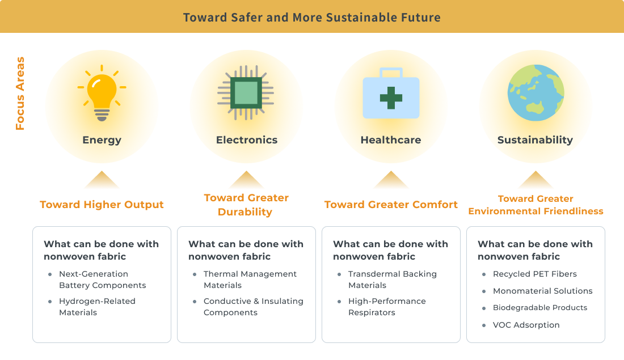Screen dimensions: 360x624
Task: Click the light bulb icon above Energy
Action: point(102,93)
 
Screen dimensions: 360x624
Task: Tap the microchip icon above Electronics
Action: point(246,93)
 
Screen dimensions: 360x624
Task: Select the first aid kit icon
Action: point(391,94)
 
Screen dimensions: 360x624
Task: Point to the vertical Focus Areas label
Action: point(20,94)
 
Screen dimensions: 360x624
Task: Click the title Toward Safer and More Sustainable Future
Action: point(311,17)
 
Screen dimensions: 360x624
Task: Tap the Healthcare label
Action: point(391,140)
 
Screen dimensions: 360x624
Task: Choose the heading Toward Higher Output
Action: point(102,205)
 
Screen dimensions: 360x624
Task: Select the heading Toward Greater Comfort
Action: point(391,205)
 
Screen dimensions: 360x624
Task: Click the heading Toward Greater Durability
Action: point(246,205)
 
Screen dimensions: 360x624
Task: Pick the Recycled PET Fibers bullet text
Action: point(534,274)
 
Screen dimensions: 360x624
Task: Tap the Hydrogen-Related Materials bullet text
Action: point(97,307)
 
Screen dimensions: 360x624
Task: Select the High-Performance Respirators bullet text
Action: point(387,307)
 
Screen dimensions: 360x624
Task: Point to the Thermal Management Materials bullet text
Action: point(250,279)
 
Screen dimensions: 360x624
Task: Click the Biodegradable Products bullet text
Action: point(540,308)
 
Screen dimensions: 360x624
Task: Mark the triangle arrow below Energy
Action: point(102,180)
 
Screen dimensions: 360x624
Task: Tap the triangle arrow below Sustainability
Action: point(536,180)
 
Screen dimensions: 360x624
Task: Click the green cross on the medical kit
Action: point(391,98)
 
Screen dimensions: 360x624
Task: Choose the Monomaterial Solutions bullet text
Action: point(542,291)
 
